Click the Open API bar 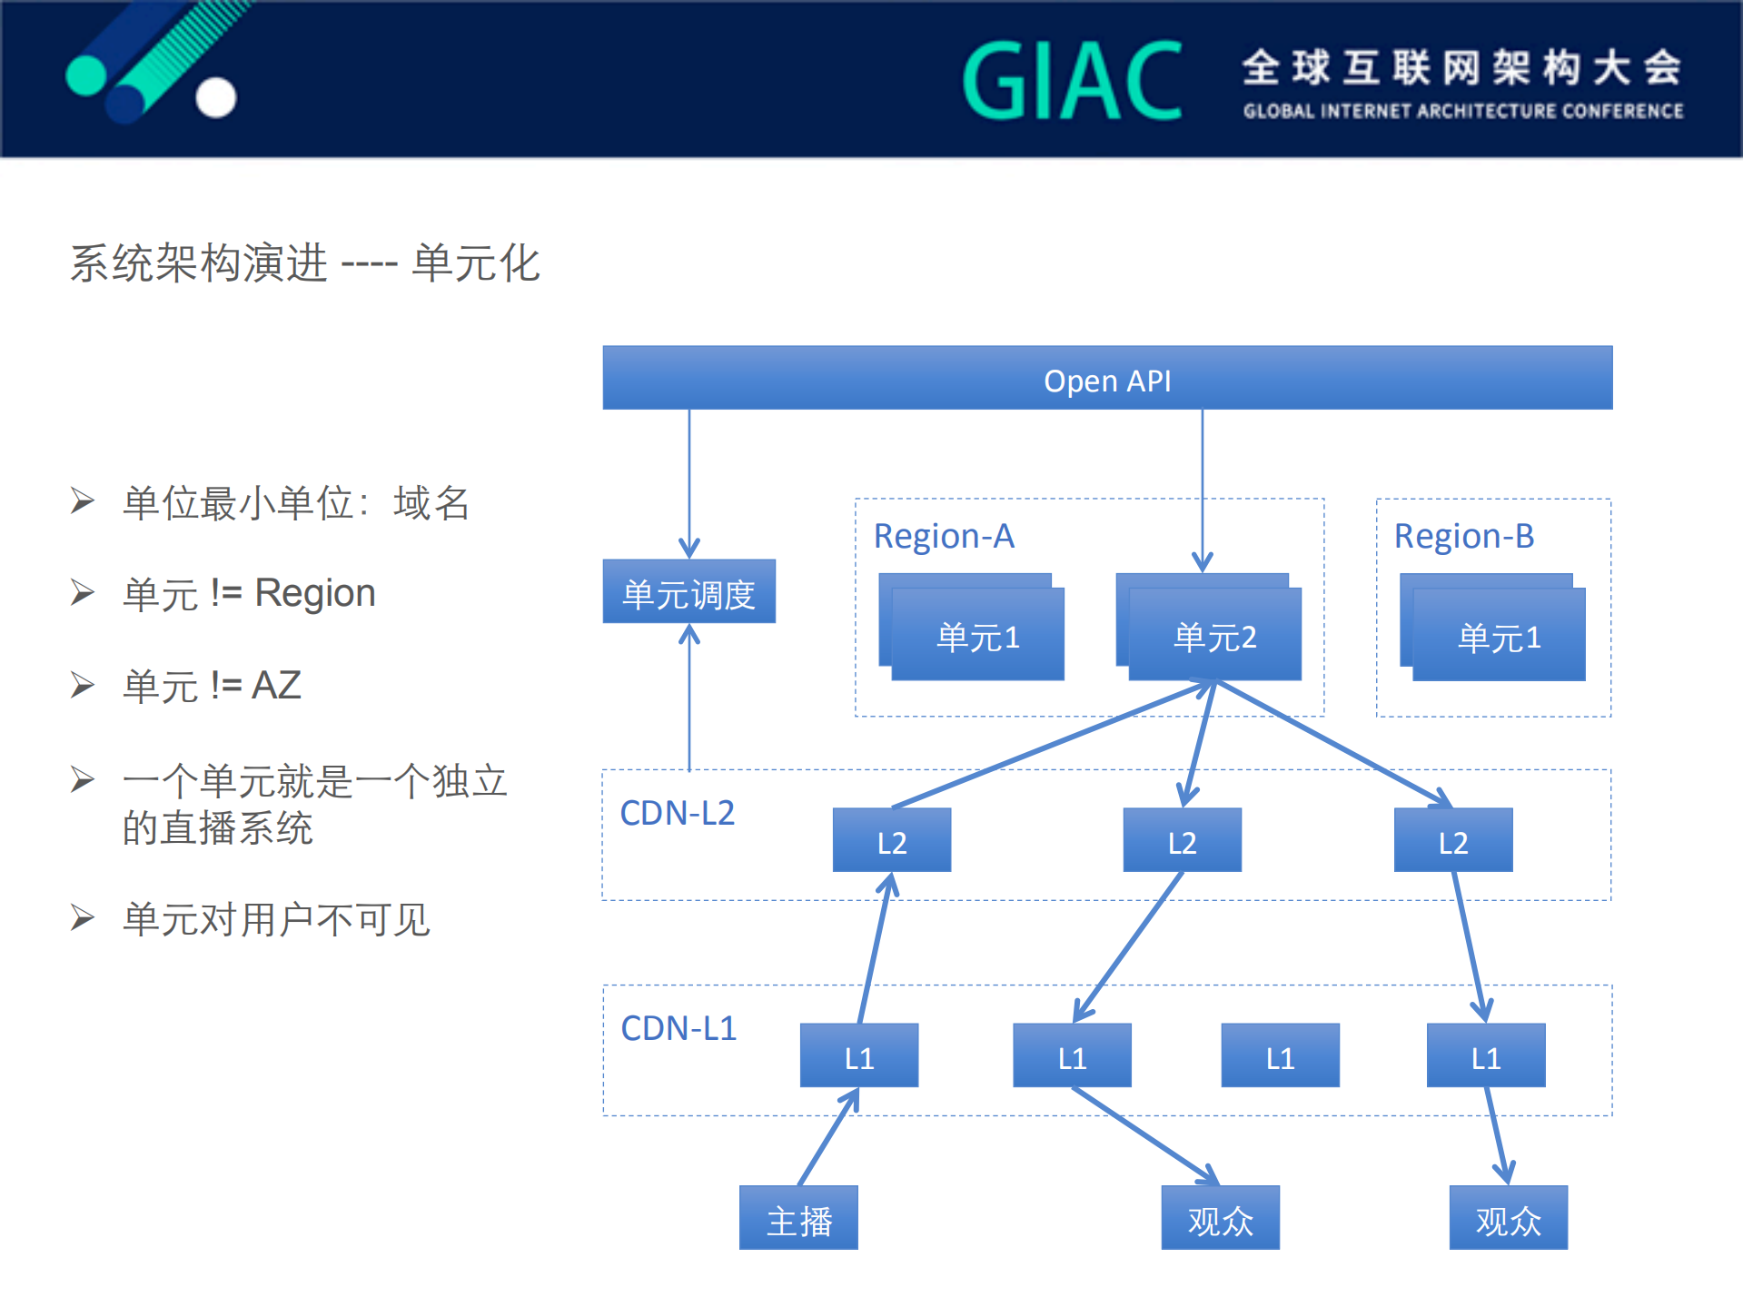1106,379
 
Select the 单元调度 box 688,592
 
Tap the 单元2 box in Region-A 1214,635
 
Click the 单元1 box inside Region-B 1499,635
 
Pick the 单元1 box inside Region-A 977,635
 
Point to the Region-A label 943,536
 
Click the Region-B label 1463,536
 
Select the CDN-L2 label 677,813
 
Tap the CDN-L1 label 678,1028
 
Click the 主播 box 798,1219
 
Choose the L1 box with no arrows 1280,1056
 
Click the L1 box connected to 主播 858,1056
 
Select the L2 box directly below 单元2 1182,841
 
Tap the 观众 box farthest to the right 1508,1219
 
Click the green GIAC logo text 1072,81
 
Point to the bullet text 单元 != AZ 212,686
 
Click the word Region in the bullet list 314,593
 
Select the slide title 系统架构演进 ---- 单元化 305,263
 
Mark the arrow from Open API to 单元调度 689,481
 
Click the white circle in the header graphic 216,97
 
